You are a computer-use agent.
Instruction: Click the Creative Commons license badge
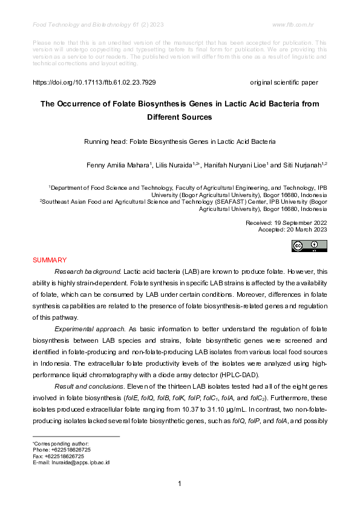point(309,245)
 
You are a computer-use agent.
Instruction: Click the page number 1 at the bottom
point(180,483)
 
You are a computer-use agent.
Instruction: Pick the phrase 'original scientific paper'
point(284,82)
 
